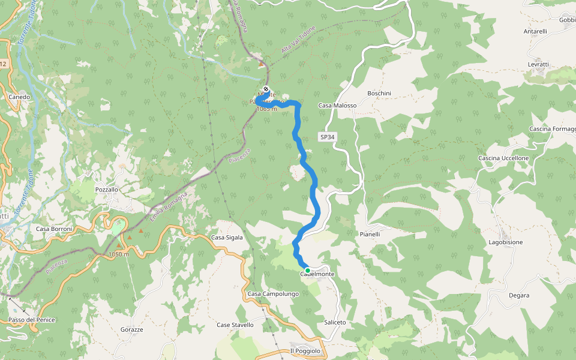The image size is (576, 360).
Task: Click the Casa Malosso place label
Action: click(x=337, y=106)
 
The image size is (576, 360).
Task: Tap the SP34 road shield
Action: click(x=327, y=137)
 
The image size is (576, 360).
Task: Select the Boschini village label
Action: click(x=379, y=94)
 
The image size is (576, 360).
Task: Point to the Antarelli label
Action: click(x=535, y=31)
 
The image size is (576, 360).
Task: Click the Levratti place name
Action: click(x=538, y=64)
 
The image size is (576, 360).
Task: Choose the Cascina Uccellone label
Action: click(x=503, y=158)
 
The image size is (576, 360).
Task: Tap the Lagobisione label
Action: click(x=505, y=242)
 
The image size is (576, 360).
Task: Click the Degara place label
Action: click(x=518, y=295)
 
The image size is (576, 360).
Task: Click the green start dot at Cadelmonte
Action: click(x=308, y=271)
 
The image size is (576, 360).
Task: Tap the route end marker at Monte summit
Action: click(x=266, y=90)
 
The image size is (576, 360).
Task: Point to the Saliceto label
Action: click(x=335, y=322)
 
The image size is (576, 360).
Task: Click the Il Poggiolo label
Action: click(x=305, y=351)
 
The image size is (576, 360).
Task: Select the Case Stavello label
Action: click(x=235, y=325)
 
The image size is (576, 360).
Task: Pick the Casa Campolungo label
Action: click(x=273, y=294)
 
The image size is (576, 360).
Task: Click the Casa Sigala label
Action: click(x=227, y=238)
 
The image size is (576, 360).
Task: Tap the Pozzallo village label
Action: click(x=107, y=190)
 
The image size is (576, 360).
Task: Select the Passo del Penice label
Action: click(x=31, y=320)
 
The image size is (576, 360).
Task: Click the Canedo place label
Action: click(x=19, y=97)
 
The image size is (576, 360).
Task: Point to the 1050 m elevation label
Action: click(x=120, y=254)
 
